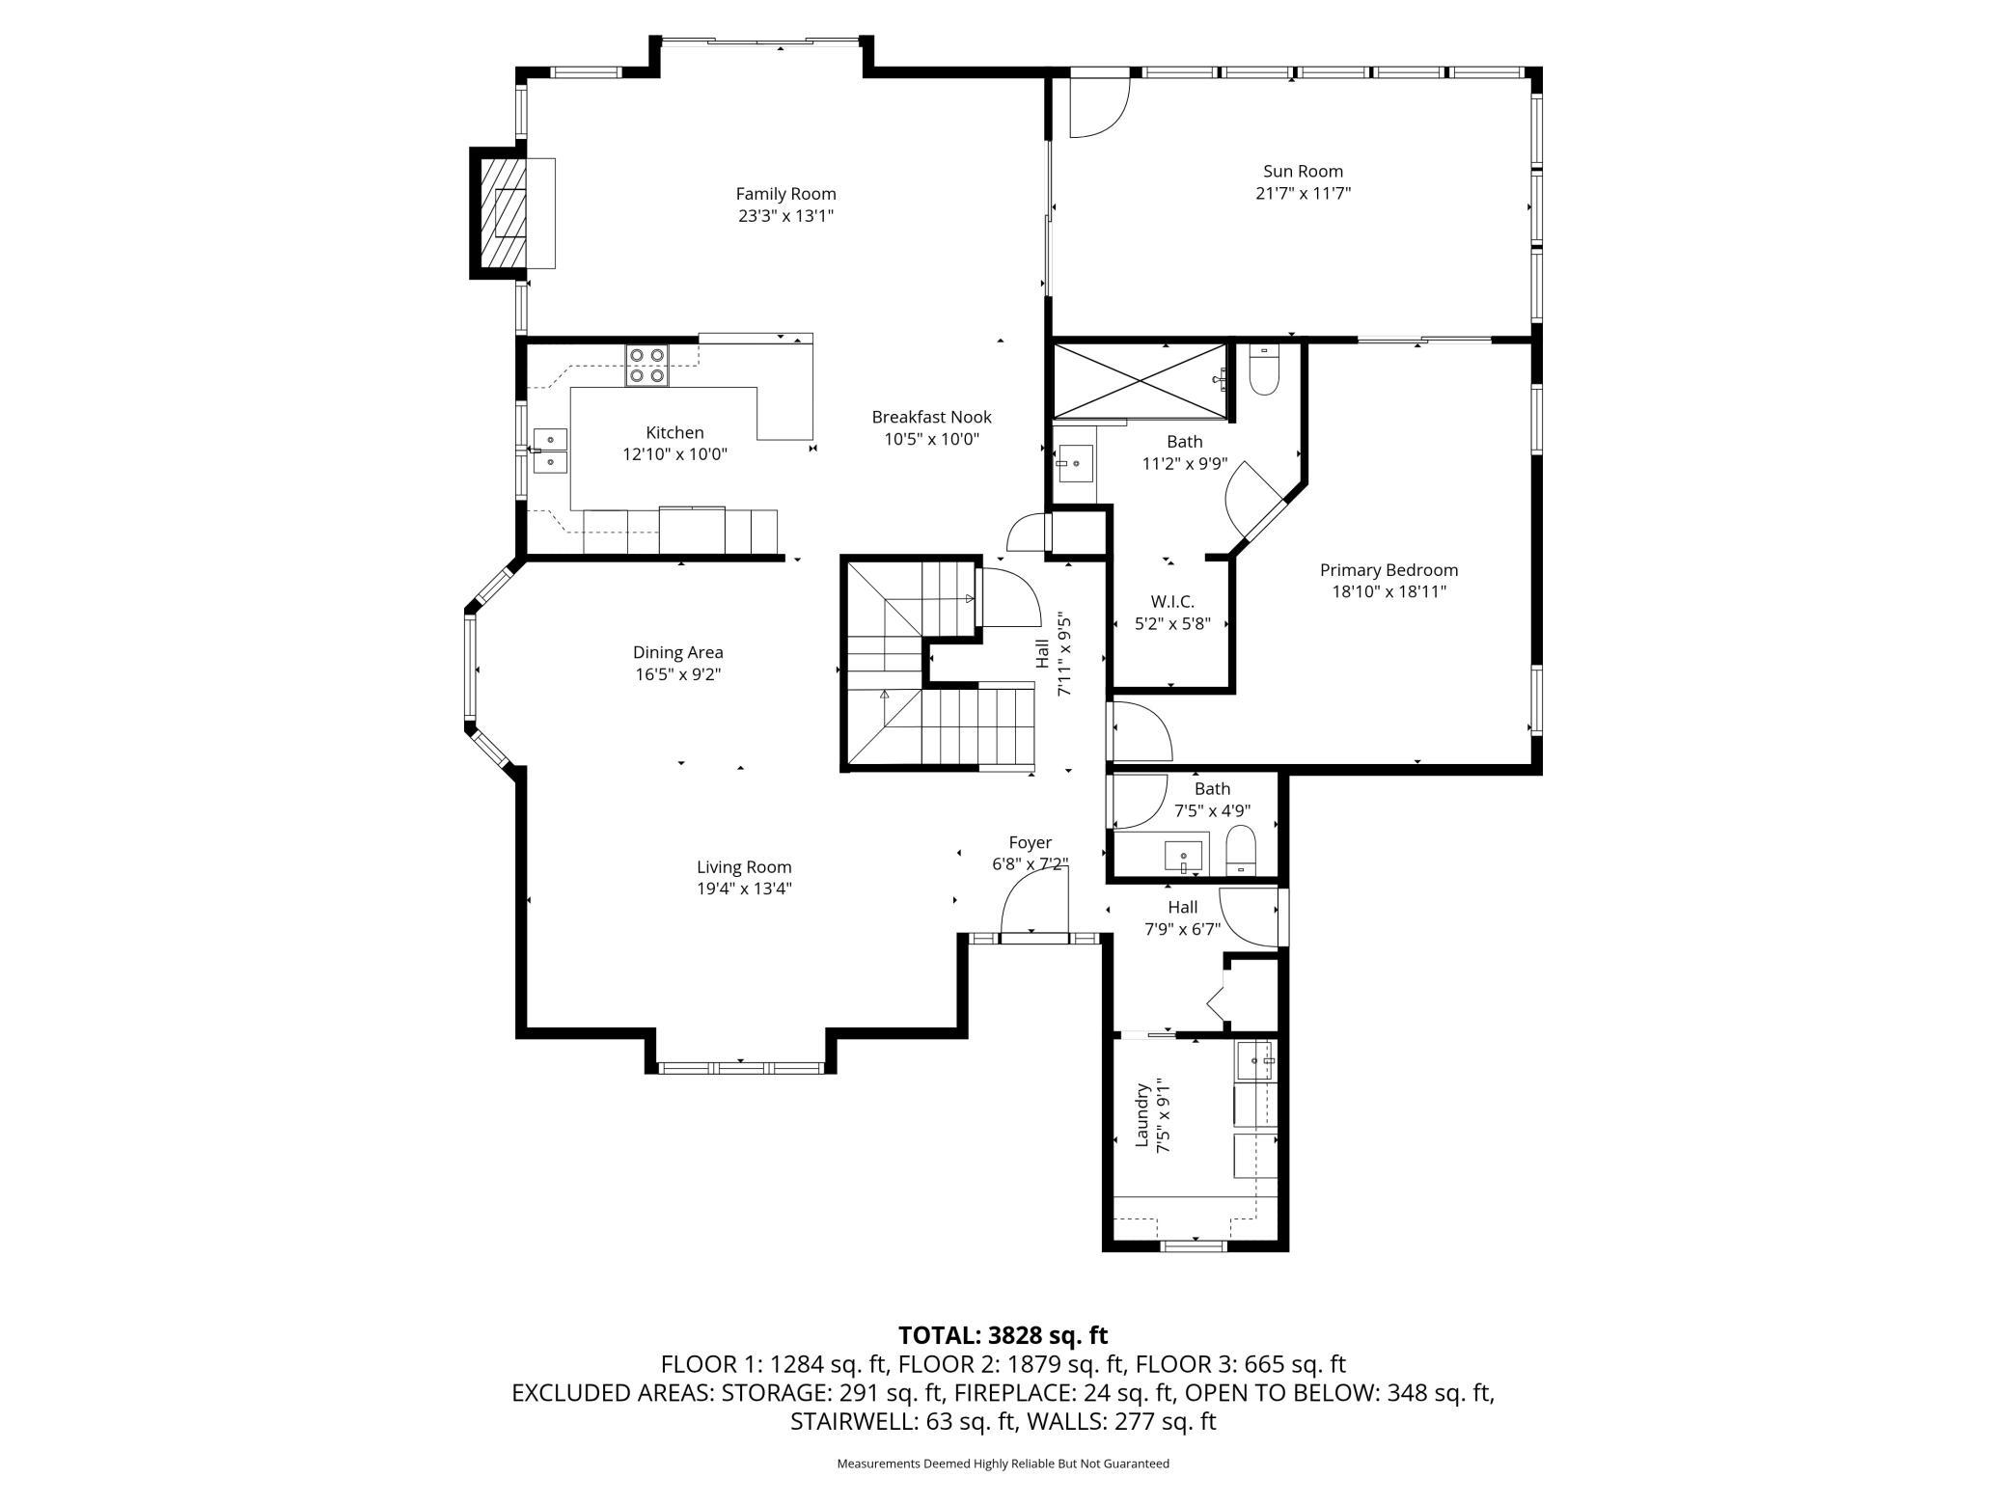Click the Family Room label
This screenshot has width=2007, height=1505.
click(785, 194)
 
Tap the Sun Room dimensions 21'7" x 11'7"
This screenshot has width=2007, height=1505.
click(1303, 193)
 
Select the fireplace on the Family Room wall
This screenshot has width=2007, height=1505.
click(512, 212)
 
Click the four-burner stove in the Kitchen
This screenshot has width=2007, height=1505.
click(646, 366)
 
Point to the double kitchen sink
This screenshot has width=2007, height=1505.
click(551, 451)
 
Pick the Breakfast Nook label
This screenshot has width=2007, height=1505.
click(931, 417)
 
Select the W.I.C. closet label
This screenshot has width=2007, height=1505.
click(1172, 602)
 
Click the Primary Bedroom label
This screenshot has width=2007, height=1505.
click(1388, 570)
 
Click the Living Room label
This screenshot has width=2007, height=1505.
click(744, 867)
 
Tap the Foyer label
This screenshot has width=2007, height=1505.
click(1030, 843)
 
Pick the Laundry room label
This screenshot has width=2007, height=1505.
click(1142, 1115)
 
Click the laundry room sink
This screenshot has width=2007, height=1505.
click(1255, 1061)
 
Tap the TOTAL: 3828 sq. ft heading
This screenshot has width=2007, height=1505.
click(1003, 1335)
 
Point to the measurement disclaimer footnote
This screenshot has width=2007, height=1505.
click(1003, 1464)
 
